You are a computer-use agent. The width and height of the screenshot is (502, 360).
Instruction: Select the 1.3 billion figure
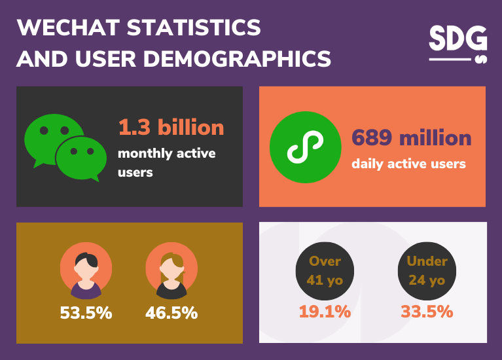pos(171,127)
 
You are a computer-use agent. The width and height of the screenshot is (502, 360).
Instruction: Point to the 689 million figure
pos(411,137)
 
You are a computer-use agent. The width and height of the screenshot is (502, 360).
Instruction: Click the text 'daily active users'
pos(408,164)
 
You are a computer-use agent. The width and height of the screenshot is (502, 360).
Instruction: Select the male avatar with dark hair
pos(86,270)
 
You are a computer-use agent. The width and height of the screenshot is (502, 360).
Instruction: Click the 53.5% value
pos(86,313)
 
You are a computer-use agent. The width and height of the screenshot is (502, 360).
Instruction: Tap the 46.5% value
pos(171,313)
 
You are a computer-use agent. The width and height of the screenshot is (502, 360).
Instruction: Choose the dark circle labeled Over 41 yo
pos(325,270)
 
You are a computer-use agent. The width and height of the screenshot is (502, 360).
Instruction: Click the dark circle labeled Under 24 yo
pos(427,270)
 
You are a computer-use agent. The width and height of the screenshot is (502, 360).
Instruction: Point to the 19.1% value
pos(325,312)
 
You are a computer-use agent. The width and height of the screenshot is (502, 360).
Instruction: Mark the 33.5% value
pos(427,312)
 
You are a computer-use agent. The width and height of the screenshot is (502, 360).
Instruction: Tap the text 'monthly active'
pos(166,154)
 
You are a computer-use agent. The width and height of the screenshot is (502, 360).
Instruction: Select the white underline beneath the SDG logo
pos(450,60)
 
